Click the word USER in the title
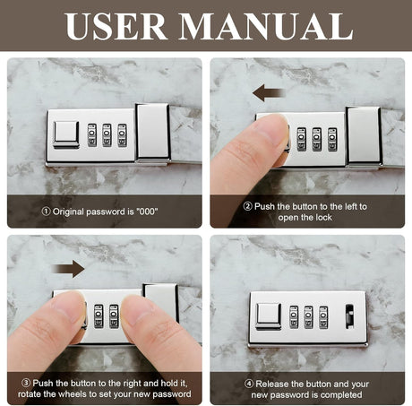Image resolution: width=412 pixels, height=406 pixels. pos(115,26)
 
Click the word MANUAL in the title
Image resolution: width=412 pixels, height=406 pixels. pos(266,26)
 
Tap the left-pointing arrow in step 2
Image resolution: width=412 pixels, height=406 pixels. pos(269,92)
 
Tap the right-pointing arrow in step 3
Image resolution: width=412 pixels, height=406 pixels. pos(68,269)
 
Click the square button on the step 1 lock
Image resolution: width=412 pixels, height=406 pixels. pos(66,134)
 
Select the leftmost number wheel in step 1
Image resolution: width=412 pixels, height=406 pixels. pos(92,135)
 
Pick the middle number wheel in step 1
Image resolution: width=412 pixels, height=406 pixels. pos(107,135)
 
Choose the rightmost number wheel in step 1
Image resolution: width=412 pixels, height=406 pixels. pos(122,135)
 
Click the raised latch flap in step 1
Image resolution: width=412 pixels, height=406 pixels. pos(152,132)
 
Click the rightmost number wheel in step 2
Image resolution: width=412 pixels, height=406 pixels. pos(332,139)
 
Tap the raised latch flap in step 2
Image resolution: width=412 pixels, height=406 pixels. pos(364,135)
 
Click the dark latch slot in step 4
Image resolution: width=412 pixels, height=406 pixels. pos(349,316)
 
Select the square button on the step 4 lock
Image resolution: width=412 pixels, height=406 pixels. pos(269,316)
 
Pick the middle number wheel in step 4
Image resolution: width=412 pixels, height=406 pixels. pos(308,317)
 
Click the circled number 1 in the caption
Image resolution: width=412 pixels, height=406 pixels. pos(46,212)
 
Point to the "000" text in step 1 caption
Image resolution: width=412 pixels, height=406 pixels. pos(147,212)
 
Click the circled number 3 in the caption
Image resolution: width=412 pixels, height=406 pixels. pos(26,383)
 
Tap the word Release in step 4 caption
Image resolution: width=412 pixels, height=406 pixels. pos(272,384)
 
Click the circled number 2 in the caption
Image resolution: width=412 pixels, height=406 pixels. pos(247,206)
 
